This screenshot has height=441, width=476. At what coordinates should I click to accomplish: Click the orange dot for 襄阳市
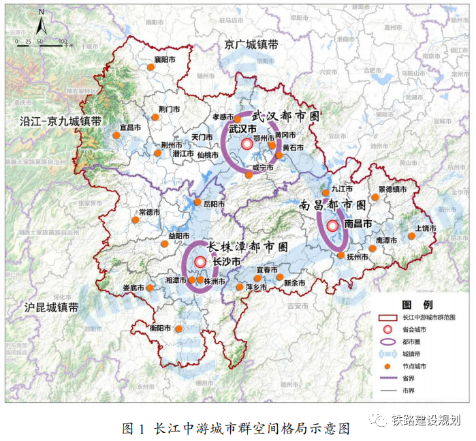coord(151,67)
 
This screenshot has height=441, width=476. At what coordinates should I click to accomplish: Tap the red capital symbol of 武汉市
coord(247,143)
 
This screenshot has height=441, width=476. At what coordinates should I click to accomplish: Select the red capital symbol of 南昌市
coord(332,226)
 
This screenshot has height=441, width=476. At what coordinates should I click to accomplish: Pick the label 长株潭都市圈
coord(247,246)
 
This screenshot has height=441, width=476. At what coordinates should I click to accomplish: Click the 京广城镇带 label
coord(251,45)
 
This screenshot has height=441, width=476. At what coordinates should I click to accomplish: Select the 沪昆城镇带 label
coord(50,307)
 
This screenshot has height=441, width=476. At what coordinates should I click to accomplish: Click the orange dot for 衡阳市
coord(178,329)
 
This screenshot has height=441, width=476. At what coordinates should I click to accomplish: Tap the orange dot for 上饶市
coord(411,237)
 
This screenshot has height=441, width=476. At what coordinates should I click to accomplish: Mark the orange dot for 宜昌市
coord(116,135)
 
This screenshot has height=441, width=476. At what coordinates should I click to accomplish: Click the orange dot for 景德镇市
coord(375,198)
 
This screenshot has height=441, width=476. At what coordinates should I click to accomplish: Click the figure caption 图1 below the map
coord(235,428)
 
